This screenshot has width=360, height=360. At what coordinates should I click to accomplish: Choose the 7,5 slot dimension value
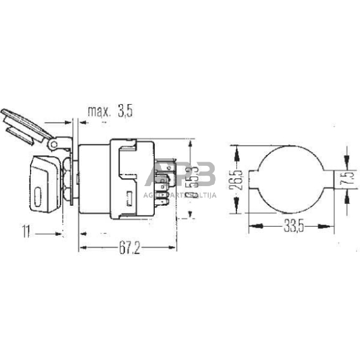pyautogui.click(x=348, y=179)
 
